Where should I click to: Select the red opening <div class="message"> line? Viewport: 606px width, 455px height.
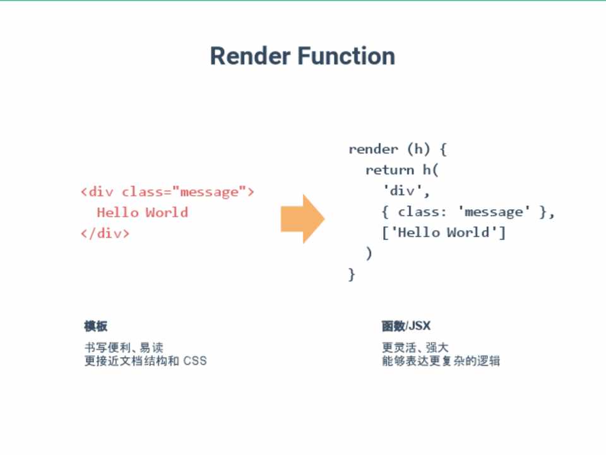167,191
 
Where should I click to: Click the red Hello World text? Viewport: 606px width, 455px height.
142,212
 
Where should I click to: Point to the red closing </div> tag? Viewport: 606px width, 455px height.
105,233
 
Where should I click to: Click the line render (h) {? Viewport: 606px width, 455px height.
398,149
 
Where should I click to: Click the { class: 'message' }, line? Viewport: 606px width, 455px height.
468,212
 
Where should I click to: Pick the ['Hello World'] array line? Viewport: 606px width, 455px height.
444,233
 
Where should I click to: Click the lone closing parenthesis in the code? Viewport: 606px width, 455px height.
369,253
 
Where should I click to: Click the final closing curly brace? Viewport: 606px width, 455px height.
352,274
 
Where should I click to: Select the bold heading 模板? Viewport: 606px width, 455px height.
96,326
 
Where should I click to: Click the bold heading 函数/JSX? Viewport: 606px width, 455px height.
406,326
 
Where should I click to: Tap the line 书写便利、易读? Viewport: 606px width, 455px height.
124,348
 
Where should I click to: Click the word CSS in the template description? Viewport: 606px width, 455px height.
195,361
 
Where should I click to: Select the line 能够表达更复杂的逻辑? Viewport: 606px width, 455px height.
441,361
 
